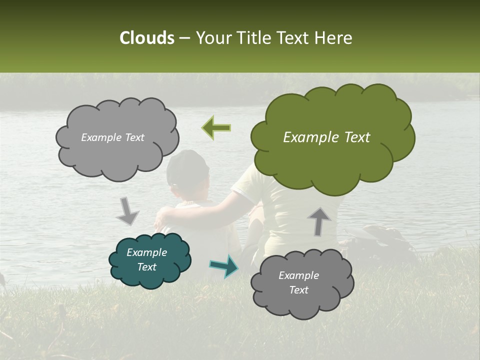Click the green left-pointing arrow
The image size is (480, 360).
pyautogui.click(x=216, y=128)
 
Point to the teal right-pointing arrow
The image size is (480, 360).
pyautogui.click(x=224, y=266)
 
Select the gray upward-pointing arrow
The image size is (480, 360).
pyautogui.click(x=319, y=220)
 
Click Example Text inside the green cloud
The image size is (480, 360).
pyautogui.click(x=326, y=137)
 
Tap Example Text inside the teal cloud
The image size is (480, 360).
pyautogui.click(x=146, y=260)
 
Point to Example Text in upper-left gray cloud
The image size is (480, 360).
pyautogui.click(x=112, y=137)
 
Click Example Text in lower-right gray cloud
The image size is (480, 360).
pyautogui.click(x=298, y=282)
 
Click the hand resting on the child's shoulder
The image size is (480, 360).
pyautogui.click(x=162, y=217)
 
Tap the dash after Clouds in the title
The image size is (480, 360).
pyautogui.click(x=184, y=38)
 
